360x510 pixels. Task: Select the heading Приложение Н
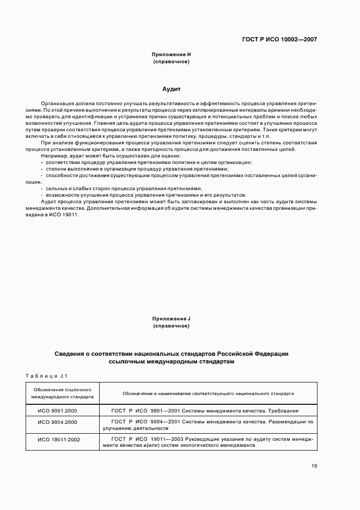[x=171, y=54]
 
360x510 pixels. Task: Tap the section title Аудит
[x=171, y=88]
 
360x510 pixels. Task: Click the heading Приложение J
[x=171, y=318]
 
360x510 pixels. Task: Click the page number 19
[x=314, y=465]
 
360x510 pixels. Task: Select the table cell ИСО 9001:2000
[x=57, y=411]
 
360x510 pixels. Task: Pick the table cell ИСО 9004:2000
[x=57, y=422]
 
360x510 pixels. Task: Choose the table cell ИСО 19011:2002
[x=57, y=439]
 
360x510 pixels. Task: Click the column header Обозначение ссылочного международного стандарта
[x=62, y=393]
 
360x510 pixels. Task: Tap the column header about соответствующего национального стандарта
[x=208, y=393]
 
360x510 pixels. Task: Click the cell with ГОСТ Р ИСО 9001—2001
[x=208, y=411]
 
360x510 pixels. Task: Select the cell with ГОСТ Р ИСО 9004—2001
[x=208, y=425]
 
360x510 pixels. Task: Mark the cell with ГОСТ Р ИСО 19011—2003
[x=208, y=441]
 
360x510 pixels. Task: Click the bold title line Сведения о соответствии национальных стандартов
[x=171, y=354]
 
